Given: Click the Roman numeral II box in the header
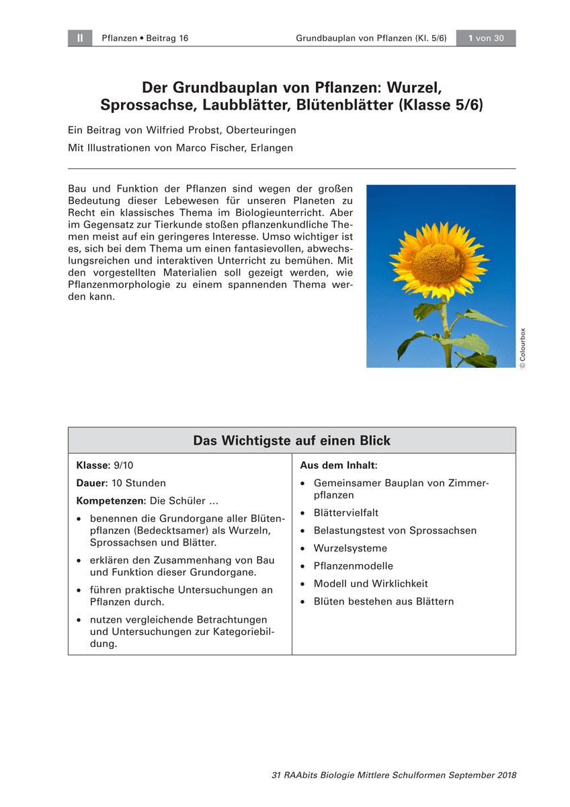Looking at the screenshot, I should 79,38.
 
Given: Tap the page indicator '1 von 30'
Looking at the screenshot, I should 485,38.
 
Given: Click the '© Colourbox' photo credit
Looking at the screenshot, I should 523,348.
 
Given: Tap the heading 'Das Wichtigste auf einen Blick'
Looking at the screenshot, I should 292,440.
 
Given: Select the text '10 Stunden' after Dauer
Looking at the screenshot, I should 138,483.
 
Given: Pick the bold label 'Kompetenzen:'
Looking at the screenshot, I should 111,501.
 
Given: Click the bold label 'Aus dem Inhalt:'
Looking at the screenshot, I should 338,465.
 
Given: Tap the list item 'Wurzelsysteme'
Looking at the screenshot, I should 350,548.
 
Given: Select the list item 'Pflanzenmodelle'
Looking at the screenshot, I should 353,566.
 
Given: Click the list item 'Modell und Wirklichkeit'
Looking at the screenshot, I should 370,584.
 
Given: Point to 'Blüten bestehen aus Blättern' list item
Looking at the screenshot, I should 383,601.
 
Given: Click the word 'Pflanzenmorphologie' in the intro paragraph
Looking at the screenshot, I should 115,285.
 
